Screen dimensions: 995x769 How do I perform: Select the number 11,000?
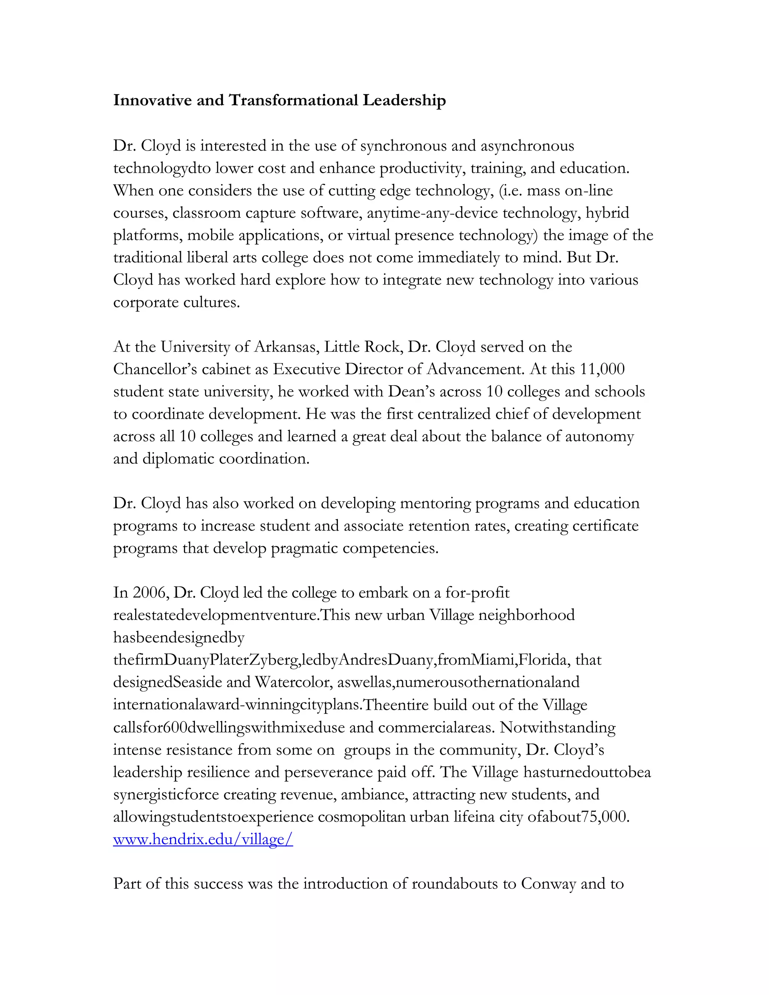click(602, 369)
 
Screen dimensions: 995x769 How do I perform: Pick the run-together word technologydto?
click(162, 169)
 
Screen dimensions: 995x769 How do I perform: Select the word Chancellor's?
click(155, 369)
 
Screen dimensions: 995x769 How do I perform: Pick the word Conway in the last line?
click(549, 883)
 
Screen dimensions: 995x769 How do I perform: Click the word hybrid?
click(607, 213)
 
